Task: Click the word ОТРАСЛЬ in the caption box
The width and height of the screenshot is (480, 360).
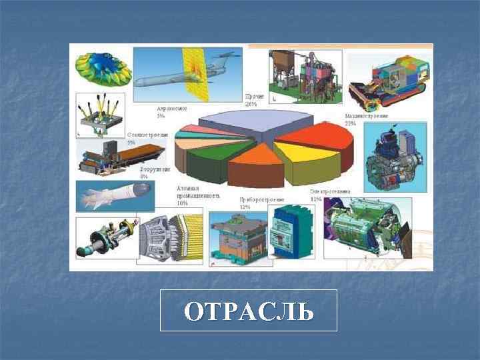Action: click(248, 311)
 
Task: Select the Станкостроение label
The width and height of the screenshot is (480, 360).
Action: click(148, 138)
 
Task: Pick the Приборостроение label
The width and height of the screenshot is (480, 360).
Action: click(261, 202)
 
